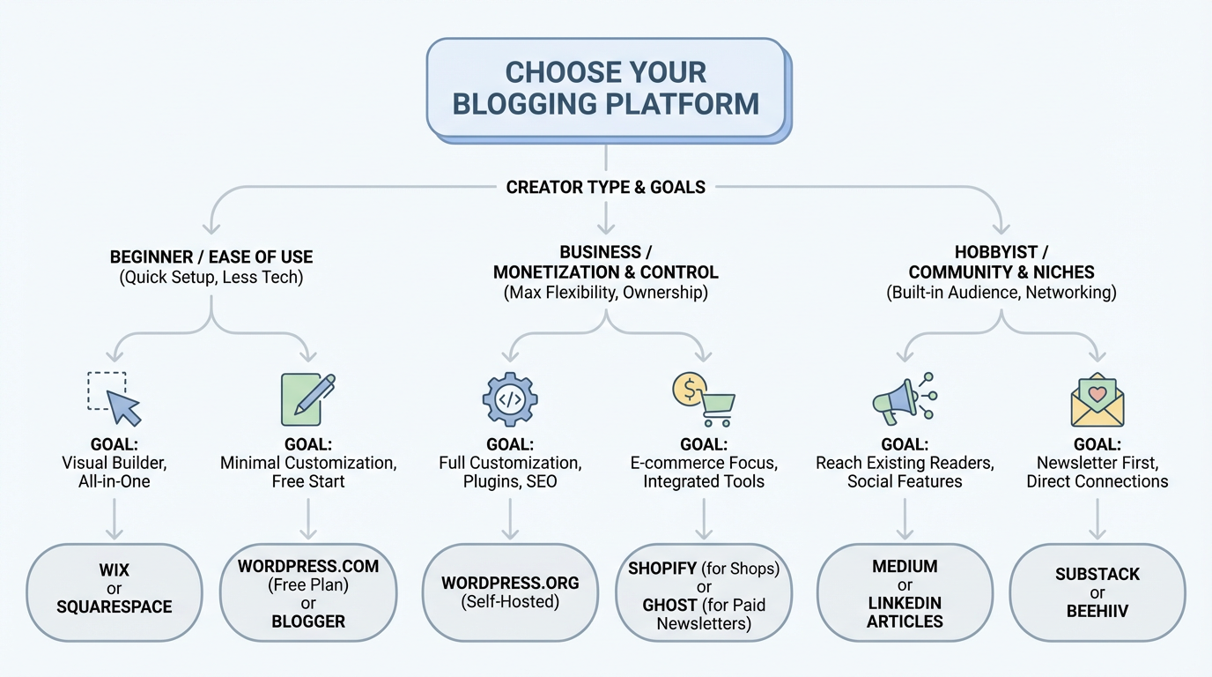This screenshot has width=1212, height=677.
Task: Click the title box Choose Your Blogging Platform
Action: [x=606, y=87]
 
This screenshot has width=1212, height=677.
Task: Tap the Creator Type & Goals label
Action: [x=606, y=187]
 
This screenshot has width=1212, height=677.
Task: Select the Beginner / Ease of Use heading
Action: [x=211, y=257]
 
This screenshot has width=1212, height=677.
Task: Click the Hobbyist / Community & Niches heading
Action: [x=1001, y=262]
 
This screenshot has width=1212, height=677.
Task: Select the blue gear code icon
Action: [x=510, y=399]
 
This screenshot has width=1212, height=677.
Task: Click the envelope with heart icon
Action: [x=1097, y=401]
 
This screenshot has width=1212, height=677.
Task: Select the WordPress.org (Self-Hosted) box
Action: [x=510, y=591]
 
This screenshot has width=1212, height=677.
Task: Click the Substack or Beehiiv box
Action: [x=1097, y=591]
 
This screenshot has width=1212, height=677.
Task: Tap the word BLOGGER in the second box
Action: [x=308, y=621]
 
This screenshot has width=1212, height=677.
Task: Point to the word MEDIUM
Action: [x=905, y=567]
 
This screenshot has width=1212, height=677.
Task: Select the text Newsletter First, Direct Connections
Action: [x=1097, y=472]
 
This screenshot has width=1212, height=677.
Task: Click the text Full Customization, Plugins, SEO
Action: [x=510, y=472]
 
